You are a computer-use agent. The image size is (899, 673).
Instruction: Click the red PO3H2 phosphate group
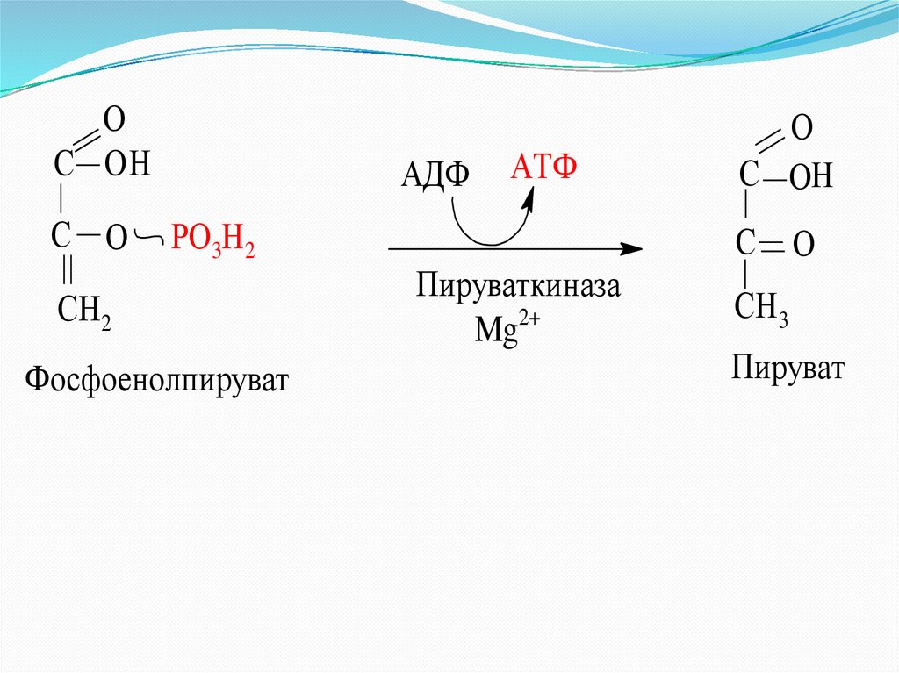213,240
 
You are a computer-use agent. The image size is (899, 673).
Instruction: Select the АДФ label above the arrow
435,175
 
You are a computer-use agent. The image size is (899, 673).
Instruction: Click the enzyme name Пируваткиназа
518,287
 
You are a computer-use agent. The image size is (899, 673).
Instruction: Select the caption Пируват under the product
788,368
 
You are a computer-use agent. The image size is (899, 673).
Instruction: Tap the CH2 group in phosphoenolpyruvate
83,311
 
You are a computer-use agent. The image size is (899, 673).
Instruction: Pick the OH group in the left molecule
128,165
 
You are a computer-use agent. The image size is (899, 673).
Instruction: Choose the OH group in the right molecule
809,179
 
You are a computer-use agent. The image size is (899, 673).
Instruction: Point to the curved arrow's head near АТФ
529,199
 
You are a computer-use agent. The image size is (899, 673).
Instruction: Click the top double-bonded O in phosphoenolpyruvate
112,118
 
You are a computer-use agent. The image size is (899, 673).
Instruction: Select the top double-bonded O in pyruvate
802,129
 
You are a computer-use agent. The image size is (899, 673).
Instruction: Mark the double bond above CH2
67,271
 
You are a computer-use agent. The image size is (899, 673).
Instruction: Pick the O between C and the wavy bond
117,236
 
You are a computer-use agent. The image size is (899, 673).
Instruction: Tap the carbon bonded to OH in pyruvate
747,174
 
